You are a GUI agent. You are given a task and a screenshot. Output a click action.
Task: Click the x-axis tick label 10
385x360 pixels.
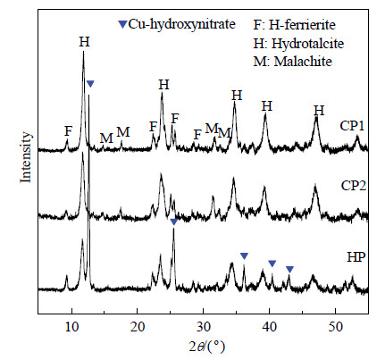point(71,327)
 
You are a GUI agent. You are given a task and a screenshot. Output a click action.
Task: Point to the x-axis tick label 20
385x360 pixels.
point(138,327)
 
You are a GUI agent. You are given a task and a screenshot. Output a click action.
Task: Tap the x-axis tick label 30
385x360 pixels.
point(204,327)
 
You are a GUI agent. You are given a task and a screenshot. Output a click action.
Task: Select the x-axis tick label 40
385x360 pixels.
point(270,327)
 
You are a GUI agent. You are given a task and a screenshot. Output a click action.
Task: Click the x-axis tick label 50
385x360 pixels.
point(336,327)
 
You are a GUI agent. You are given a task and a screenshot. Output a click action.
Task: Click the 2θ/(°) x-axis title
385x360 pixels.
point(207,347)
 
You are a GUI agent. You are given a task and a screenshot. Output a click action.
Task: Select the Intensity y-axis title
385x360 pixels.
point(26,157)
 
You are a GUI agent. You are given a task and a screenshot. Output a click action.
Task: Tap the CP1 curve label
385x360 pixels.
point(352,126)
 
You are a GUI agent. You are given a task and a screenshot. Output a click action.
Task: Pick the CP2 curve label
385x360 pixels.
point(354,186)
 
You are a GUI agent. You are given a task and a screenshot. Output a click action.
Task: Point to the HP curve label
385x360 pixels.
point(356,257)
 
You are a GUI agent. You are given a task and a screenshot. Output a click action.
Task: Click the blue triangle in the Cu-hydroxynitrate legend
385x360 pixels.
point(122,24)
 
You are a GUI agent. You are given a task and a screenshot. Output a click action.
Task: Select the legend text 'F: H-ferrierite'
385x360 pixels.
point(295,25)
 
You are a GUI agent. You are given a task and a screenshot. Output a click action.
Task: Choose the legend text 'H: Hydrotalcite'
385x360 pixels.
point(298,44)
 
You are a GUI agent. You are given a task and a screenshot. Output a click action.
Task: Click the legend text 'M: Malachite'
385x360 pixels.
point(293,62)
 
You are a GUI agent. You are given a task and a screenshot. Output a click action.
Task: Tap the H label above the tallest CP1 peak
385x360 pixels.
point(84,42)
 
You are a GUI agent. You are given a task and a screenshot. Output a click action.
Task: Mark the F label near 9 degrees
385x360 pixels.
point(69,131)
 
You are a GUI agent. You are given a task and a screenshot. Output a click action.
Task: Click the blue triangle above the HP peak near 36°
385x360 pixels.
point(244,255)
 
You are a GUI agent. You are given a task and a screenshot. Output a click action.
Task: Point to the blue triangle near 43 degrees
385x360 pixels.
point(289,270)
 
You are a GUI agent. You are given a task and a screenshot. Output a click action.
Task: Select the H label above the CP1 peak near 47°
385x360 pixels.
point(319,111)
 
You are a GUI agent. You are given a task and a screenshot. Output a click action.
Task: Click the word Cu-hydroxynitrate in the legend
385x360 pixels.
point(182,24)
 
